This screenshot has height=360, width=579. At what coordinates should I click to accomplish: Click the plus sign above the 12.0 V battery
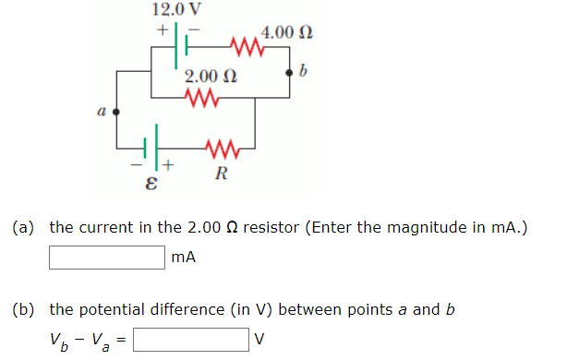pos(162,30)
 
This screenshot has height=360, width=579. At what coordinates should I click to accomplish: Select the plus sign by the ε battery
pos(169,166)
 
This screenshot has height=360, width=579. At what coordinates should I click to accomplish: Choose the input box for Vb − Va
pos(192,341)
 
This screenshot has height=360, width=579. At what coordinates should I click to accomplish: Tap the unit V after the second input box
pos(259,341)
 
